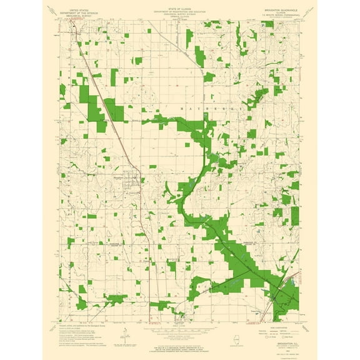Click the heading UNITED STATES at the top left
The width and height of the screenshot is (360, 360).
[79, 9]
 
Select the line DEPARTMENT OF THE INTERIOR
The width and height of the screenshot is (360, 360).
[79, 12]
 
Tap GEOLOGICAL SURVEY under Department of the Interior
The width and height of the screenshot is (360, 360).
[79, 16]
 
